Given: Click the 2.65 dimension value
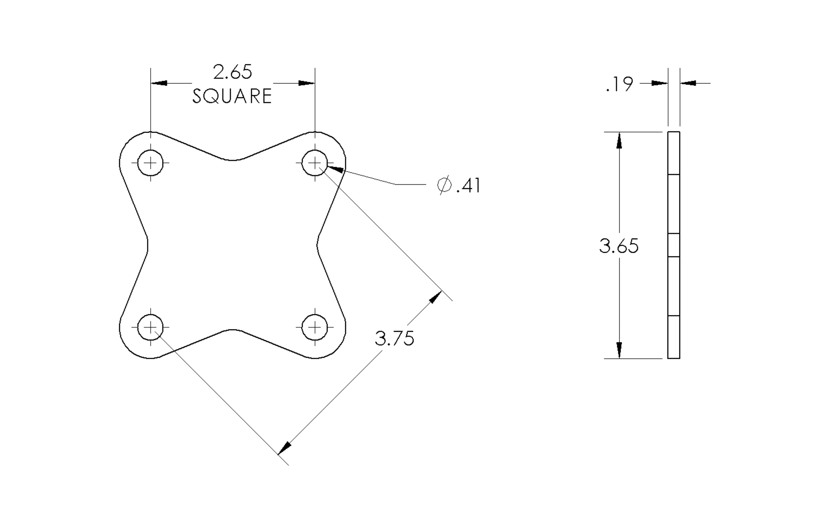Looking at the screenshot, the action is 232,72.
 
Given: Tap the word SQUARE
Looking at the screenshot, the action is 232,96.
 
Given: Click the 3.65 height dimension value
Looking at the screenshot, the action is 619,246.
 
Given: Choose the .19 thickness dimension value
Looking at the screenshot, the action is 620,84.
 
